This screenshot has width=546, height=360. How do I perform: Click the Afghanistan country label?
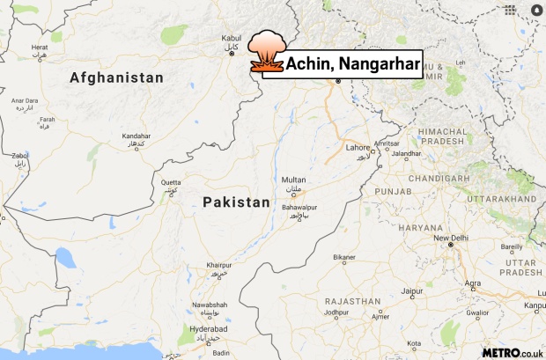click(x=116, y=77)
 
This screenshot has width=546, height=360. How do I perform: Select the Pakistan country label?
click(x=236, y=202)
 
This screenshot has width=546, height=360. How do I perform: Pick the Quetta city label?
click(x=171, y=182)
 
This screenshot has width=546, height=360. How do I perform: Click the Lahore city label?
click(x=358, y=146)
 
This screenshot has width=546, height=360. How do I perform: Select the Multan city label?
click(x=294, y=179)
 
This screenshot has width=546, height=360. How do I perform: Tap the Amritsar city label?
click(x=387, y=143)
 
